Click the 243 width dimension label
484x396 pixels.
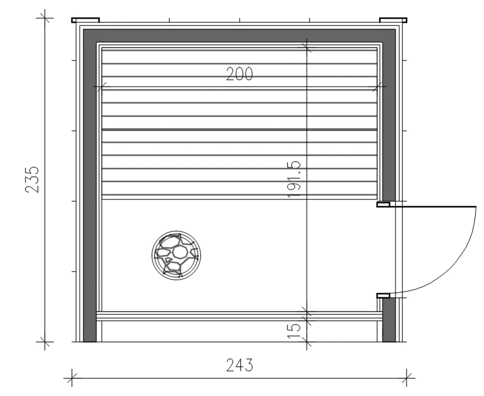(x=240, y=365)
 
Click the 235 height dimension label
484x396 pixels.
(x=32, y=180)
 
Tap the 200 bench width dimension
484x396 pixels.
(x=240, y=74)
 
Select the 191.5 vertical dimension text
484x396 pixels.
(x=294, y=180)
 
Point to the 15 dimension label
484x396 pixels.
(x=294, y=331)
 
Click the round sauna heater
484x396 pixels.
(x=176, y=255)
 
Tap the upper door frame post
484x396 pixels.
(x=383, y=204)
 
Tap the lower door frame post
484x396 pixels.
(x=383, y=295)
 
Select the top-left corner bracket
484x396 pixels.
(x=85, y=21)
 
